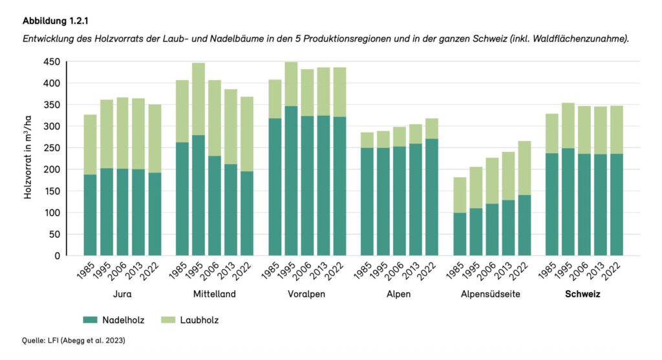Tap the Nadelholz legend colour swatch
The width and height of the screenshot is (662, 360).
coord(90,319)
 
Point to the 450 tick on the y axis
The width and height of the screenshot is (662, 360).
coord(52,62)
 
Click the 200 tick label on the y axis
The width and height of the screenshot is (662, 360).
coord(52,169)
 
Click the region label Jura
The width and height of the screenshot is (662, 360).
coord(122,294)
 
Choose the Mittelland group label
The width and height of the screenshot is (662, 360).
coord(214,294)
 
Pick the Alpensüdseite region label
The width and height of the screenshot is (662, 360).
coord(491,294)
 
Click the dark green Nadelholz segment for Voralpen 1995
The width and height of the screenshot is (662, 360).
coord(291,181)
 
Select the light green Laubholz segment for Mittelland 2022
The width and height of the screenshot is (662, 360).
coord(247,134)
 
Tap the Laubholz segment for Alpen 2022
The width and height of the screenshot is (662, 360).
coord(432,128)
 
